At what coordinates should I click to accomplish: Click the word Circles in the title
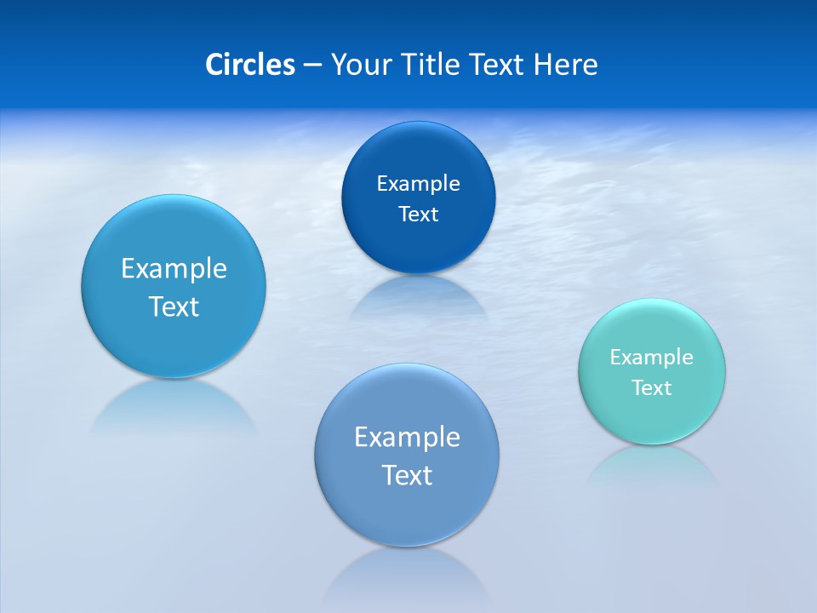249,65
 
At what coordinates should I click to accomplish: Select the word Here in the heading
566,65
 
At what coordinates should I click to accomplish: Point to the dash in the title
312,66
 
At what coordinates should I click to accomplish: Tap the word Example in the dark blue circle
418,183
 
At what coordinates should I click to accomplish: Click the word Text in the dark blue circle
418,214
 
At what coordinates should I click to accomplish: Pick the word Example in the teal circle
651,357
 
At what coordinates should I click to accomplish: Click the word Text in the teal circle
652,387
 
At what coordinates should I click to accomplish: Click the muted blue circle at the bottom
407,511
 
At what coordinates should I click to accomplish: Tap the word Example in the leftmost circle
174,268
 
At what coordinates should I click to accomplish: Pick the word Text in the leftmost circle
174,306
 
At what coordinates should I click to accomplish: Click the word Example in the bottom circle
407,437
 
